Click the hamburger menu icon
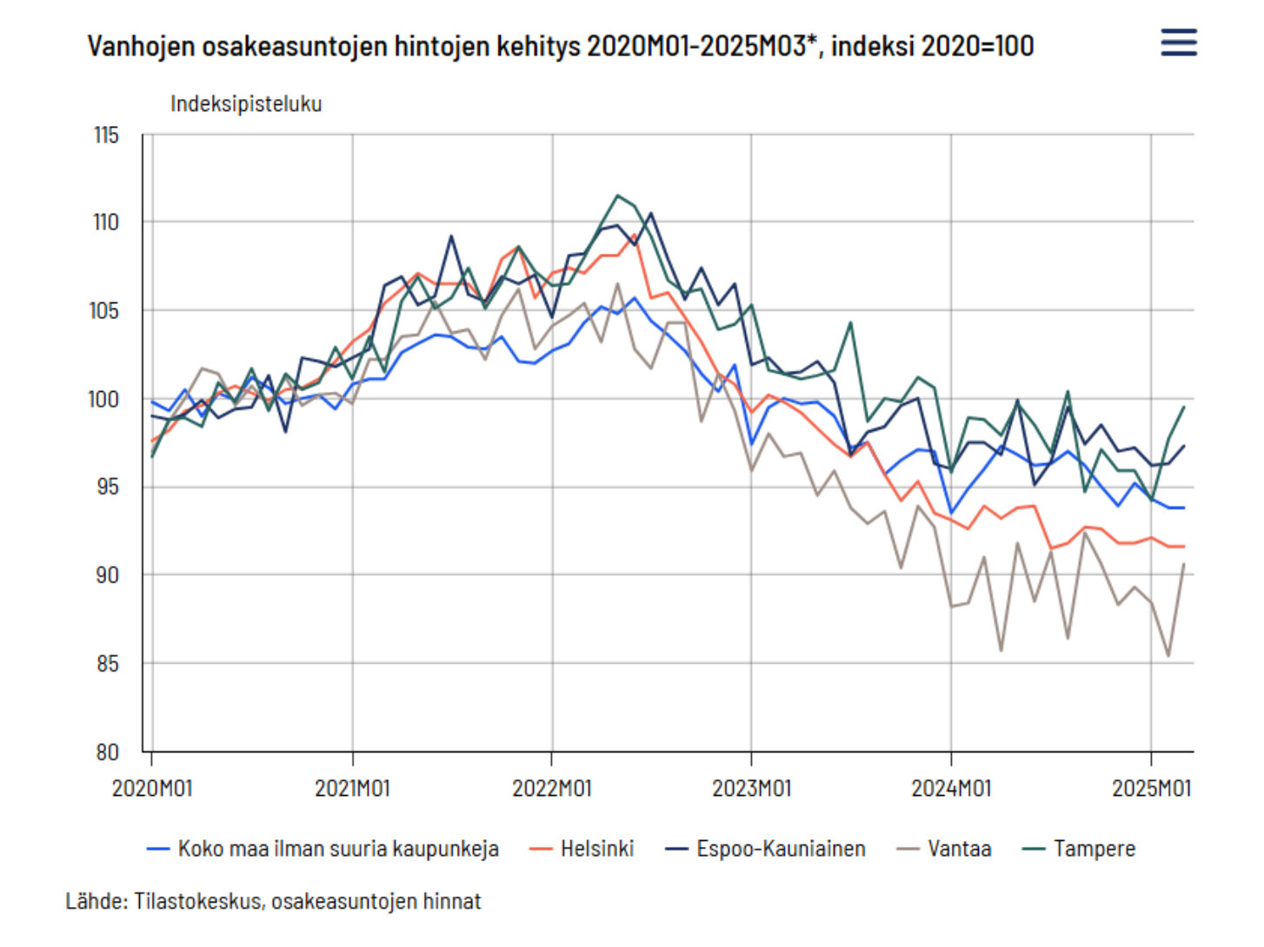(1178, 42)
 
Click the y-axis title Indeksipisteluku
(246, 103)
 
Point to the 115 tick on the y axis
(106, 136)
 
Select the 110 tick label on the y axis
(106, 222)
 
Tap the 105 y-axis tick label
(104, 311)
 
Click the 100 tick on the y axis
(103, 399)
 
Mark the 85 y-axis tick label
(107, 664)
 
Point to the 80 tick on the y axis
(107, 752)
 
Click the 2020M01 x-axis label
(152, 788)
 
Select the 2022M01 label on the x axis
(552, 788)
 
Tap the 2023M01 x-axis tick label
(751, 788)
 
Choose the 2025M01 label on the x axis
(1151, 788)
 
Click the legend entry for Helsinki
(581, 849)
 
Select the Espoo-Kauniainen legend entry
(765, 849)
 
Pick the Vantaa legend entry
(944, 849)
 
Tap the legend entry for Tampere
(1078, 849)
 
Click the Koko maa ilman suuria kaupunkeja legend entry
(323, 849)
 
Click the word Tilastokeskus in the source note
(199, 901)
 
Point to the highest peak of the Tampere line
(617, 195)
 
